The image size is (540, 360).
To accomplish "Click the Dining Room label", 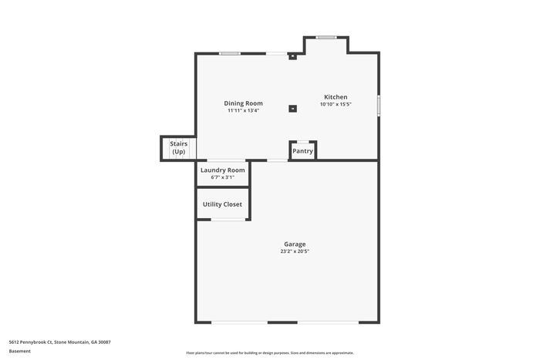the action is point(243,103).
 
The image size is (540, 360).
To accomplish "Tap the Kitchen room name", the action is point(336,97).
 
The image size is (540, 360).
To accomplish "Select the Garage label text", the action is point(295,244).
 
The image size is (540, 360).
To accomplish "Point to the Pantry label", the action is point(302,151).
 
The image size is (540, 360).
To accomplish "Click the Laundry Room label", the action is point(222,170).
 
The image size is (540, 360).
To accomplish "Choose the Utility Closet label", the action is point(222,204).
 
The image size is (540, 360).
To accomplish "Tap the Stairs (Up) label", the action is point(179,148).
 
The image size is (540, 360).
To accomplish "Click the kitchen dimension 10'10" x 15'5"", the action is point(336,104).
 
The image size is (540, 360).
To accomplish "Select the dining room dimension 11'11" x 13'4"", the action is point(243,110).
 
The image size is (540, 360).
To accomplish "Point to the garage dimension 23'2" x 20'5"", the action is point(295,251).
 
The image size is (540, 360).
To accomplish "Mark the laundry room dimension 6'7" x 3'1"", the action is point(222,177).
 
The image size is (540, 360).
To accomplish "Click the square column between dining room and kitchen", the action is point(292,109).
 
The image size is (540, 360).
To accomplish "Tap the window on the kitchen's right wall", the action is point(379,106).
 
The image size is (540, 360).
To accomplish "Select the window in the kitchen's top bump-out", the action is point(326,37).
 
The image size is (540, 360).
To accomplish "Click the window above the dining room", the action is point(230,53).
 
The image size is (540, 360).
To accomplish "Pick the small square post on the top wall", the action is point(292,56).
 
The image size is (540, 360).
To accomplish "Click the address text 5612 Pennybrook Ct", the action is point(31,342).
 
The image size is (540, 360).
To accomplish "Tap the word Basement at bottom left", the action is point(19,351).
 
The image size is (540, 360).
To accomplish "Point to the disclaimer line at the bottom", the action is point(270,353).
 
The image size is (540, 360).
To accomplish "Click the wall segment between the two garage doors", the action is point(282,322).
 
